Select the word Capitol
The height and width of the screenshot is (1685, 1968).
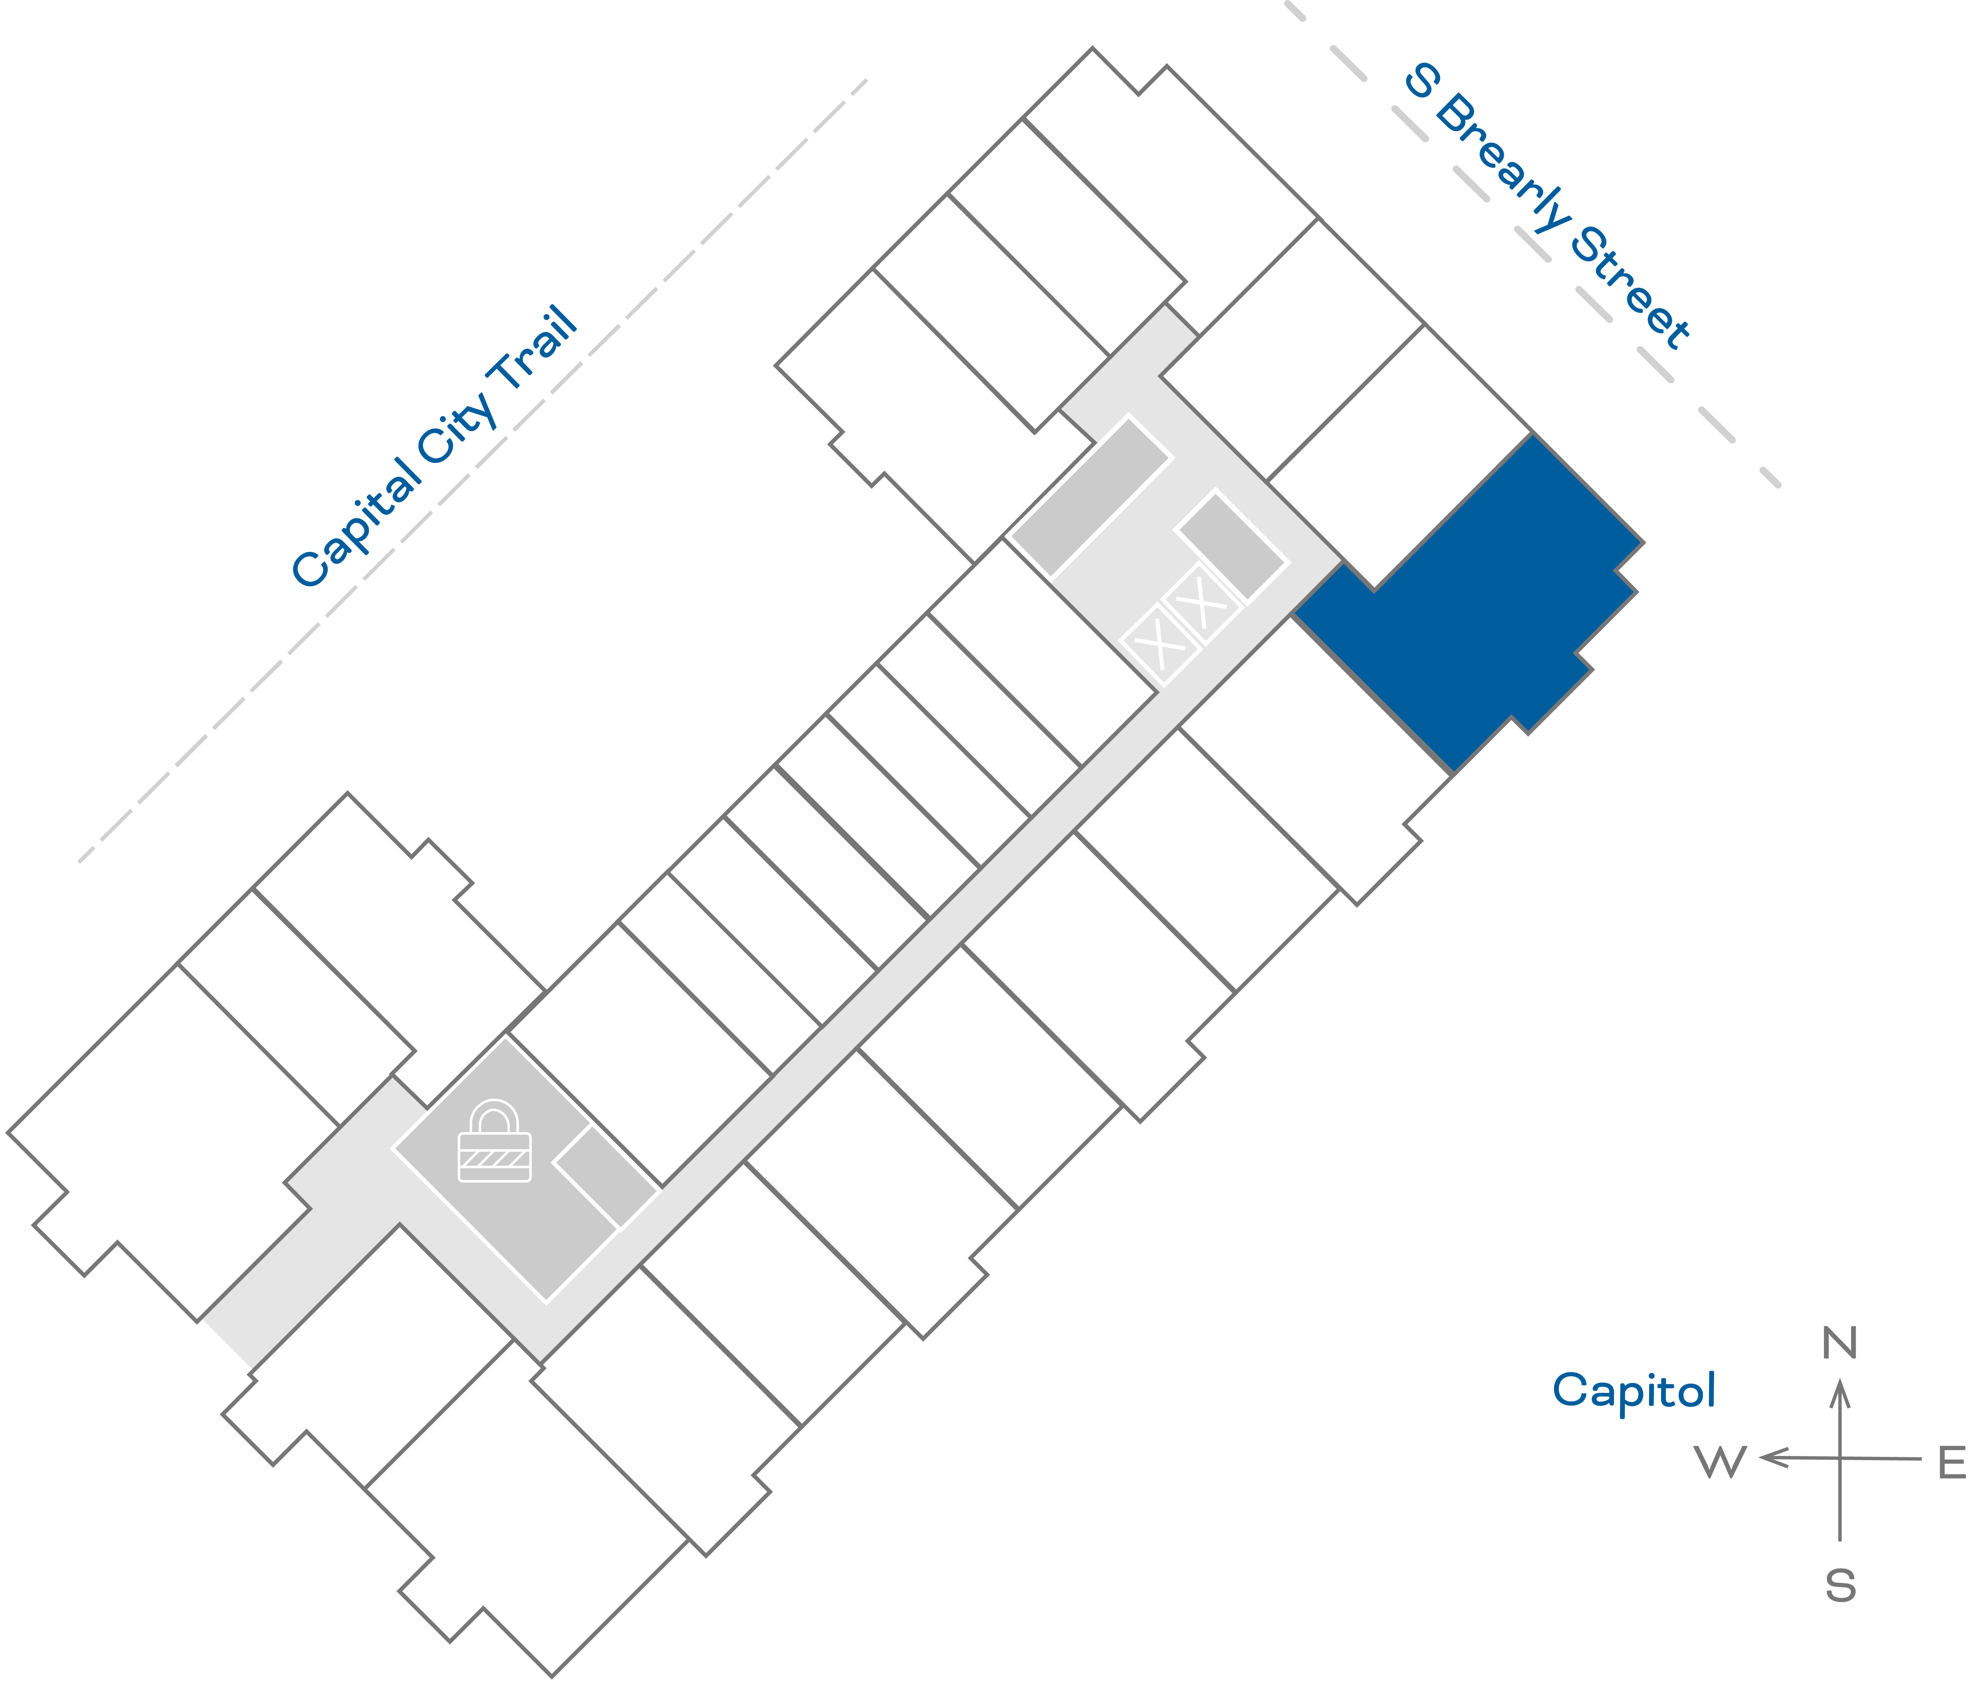1634,1392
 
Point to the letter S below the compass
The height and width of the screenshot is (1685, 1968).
1840,1586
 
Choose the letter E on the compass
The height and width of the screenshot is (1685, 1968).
1952,1463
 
